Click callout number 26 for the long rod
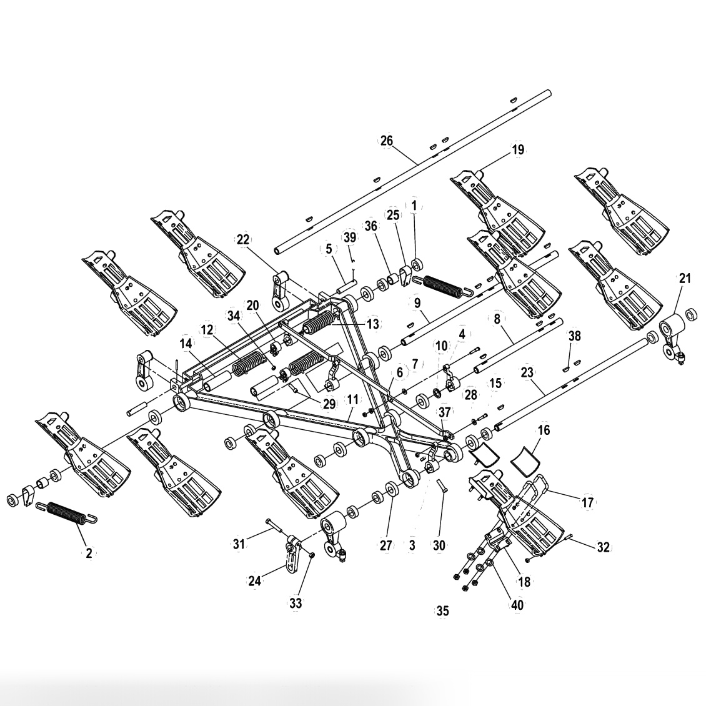(x=387, y=141)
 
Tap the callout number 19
(x=518, y=150)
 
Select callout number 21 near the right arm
(x=685, y=279)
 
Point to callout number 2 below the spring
(x=89, y=552)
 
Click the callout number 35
(x=442, y=610)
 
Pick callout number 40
(x=517, y=604)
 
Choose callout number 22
(x=243, y=239)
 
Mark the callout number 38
(x=574, y=336)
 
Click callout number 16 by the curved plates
(x=544, y=430)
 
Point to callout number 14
(x=186, y=343)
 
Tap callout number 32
(x=603, y=547)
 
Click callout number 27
(x=387, y=545)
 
